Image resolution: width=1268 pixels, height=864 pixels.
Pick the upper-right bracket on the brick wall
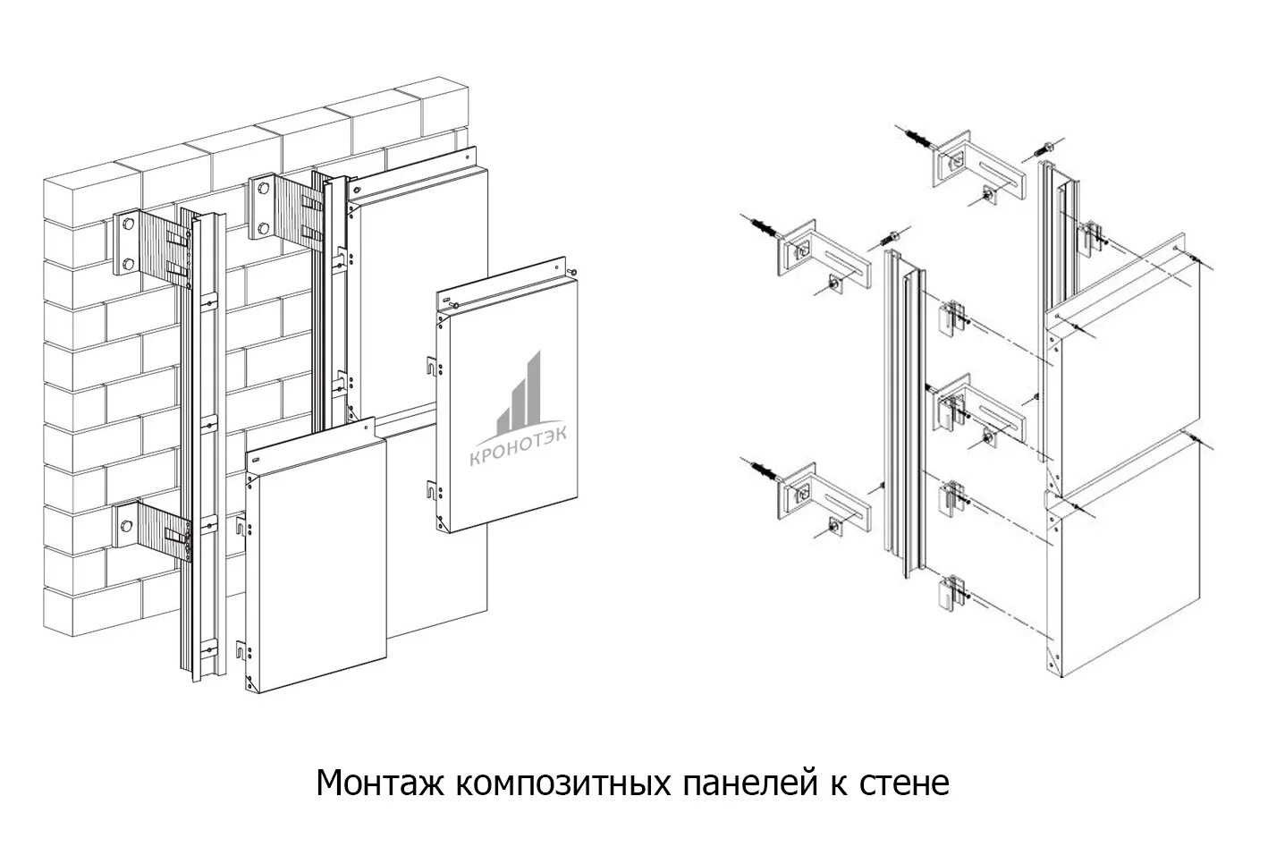click(x=281, y=208)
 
